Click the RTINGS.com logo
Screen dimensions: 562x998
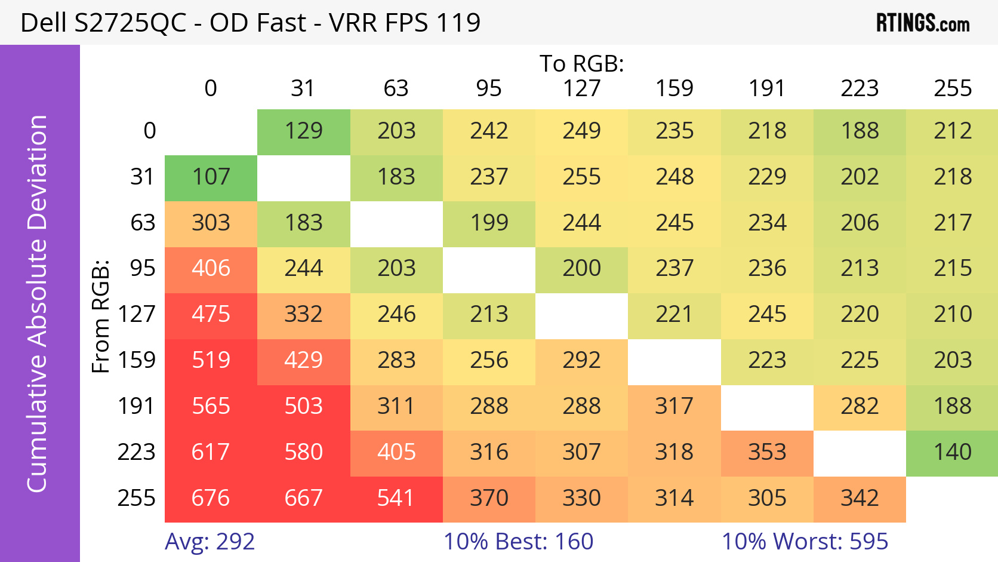tap(922, 23)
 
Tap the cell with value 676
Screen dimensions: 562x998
tap(211, 498)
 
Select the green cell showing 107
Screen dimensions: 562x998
tap(211, 177)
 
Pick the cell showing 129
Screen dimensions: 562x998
tap(303, 131)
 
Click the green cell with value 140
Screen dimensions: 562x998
tap(952, 452)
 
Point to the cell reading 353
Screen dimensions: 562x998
tap(767, 452)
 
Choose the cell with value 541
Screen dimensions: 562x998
tap(396, 498)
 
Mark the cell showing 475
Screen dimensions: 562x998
tap(211, 315)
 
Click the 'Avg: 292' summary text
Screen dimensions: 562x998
tap(210, 542)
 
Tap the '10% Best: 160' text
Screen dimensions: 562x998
tap(518, 542)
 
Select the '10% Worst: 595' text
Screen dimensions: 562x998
tap(805, 542)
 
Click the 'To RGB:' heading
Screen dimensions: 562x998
tap(581, 63)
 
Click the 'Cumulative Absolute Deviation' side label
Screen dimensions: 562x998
tap(37, 303)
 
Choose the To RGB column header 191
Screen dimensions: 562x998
tap(767, 88)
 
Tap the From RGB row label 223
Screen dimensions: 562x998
tap(136, 452)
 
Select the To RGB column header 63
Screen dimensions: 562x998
tap(396, 88)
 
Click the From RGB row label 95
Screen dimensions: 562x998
tap(143, 269)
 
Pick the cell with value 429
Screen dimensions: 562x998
tap(303, 361)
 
